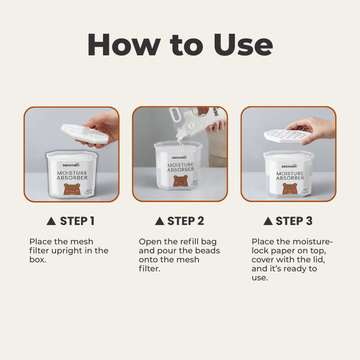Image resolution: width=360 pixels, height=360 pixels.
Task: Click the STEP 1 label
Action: (77, 220)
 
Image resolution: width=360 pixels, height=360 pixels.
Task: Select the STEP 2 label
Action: (187, 220)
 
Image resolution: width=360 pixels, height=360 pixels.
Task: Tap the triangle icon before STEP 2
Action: (160, 220)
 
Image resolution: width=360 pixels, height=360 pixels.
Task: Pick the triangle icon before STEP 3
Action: (269, 220)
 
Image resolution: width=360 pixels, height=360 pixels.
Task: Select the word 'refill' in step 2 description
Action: (187, 242)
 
